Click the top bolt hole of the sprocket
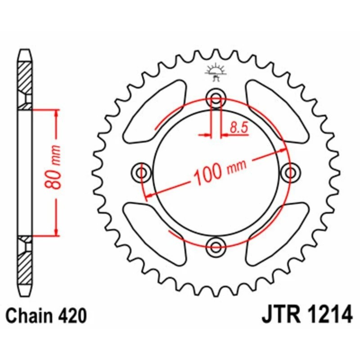tap(216, 99)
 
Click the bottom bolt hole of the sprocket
tap(216, 245)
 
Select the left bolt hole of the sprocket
tap(143, 172)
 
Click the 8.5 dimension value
tap(238, 127)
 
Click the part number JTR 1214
tap(306, 315)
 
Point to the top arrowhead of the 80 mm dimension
tap(56, 112)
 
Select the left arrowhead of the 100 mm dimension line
tap(148, 194)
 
